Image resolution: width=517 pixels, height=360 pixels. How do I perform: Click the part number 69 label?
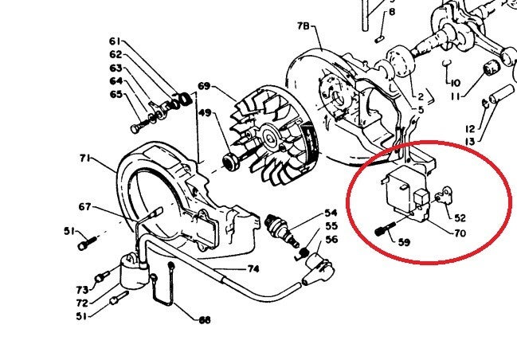coord(204,86)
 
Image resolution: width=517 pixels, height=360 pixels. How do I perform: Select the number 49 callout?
coord(204,114)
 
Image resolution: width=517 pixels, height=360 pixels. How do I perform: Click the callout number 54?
coord(331,213)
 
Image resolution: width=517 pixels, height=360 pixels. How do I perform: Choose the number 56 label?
coord(331,240)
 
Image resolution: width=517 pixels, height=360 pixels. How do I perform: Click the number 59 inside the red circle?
coord(405,242)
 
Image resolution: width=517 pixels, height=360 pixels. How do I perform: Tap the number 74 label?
coord(254,268)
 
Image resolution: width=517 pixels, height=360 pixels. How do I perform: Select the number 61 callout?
coord(116,41)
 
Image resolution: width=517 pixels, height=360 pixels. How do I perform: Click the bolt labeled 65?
coord(138,127)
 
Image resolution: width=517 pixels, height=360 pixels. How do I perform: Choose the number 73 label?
coord(81,289)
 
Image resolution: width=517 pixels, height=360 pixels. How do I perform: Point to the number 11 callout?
coord(456,96)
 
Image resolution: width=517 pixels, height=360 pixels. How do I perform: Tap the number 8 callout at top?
coord(391,13)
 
